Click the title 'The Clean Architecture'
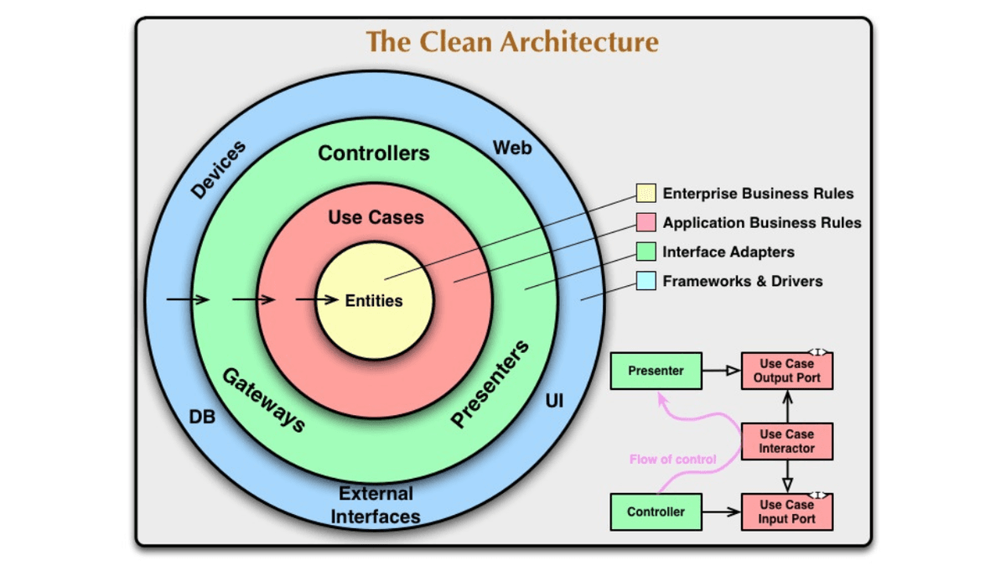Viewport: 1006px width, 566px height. coord(512,42)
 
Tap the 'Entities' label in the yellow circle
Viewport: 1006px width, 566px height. coord(374,300)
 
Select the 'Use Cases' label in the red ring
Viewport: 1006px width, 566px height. coord(376,217)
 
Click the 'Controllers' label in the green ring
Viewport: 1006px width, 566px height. coord(374,153)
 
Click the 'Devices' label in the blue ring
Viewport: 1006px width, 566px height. coord(218,170)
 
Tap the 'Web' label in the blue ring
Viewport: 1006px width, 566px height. coord(511,148)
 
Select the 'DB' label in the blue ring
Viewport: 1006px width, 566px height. coord(201,417)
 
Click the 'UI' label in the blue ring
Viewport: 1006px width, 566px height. coord(554,402)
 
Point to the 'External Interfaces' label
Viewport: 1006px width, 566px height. coord(375,505)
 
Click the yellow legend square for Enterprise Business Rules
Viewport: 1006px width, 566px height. coord(646,194)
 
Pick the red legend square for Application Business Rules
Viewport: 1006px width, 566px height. coord(646,223)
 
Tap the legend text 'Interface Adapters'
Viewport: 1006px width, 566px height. coord(728,252)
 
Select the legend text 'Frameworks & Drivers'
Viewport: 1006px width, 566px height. coord(742,281)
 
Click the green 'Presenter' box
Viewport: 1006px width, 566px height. coord(656,371)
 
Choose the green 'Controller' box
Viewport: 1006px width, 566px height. coord(656,511)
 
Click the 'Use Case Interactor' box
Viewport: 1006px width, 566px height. coord(786,441)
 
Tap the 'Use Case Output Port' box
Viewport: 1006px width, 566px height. coord(786,371)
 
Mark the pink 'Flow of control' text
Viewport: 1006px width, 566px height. coord(672,459)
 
